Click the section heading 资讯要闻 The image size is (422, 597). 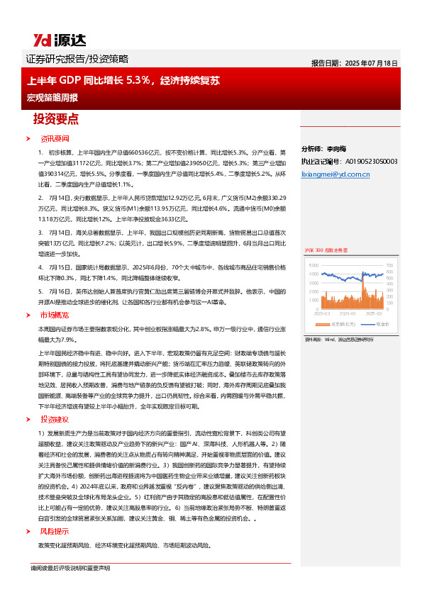[55, 138]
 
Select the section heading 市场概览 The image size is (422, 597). [55, 314]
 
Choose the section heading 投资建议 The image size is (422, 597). [55, 420]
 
